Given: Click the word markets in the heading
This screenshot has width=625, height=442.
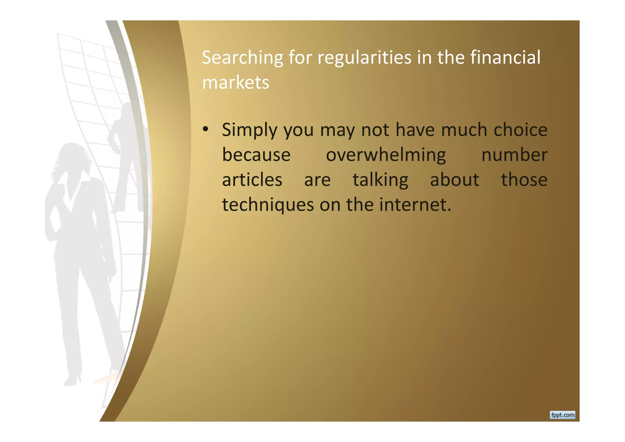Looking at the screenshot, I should (x=236, y=83).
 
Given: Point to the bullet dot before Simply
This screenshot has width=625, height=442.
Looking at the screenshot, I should (x=206, y=129).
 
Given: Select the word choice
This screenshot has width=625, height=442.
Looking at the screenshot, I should (x=520, y=130).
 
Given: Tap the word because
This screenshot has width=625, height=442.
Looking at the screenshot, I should (x=256, y=155).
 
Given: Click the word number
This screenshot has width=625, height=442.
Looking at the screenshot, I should (x=514, y=155).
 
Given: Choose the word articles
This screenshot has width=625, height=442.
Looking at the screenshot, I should (x=252, y=180).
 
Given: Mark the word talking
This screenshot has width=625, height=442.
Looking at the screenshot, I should (x=380, y=180).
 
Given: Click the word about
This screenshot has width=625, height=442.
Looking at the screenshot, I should (x=454, y=179).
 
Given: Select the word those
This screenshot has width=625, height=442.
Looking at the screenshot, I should (x=524, y=179).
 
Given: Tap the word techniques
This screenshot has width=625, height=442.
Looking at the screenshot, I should (x=268, y=205).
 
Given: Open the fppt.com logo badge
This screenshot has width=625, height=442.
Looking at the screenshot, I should (x=562, y=415).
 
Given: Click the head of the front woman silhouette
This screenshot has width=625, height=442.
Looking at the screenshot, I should (x=73, y=159).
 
